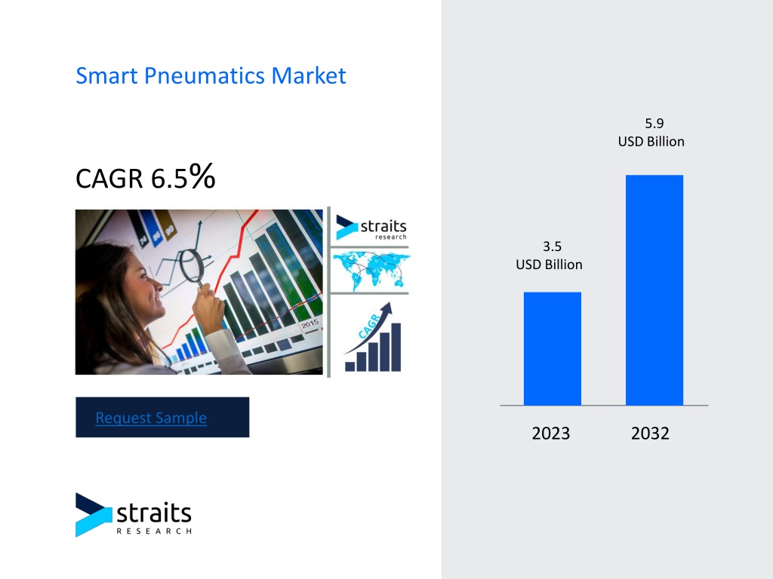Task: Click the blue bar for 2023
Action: (x=552, y=348)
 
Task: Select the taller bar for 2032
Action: (x=654, y=290)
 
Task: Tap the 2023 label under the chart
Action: (x=550, y=433)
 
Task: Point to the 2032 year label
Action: (x=650, y=433)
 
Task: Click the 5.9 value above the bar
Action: (x=654, y=123)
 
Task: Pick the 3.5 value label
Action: (x=552, y=247)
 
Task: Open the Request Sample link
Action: (x=151, y=418)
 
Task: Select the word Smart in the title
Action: (x=106, y=76)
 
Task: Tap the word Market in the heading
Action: (x=309, y=76)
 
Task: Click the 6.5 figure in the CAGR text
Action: (x=169, y=178)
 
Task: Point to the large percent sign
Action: (x=202, y=176)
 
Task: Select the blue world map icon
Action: (x=371, y=271)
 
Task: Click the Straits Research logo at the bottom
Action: (x=133, y=514)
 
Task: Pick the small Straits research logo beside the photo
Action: (x=371, y=228)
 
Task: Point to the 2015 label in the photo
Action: (x=310, y=324)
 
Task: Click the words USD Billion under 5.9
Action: (x=651, y=142)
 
